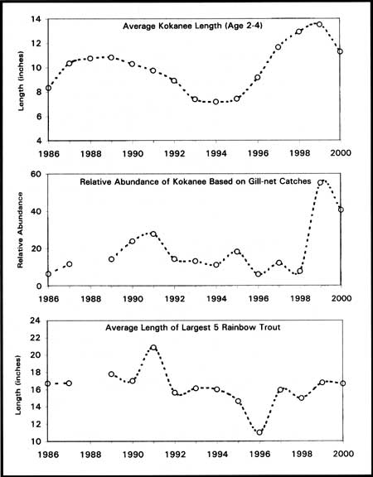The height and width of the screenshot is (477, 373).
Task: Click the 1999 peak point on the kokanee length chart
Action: point(319,24)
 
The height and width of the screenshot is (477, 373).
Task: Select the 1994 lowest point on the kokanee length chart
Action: point(216,102)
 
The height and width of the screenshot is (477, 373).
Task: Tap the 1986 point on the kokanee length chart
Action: point(48,88)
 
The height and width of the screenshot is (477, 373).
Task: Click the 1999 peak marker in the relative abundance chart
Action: point(320,182)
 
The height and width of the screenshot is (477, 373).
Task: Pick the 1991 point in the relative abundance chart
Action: point(153,234)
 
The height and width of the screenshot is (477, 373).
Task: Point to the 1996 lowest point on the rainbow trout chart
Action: point(259,432)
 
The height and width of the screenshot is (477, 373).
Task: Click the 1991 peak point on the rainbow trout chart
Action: point(153,348)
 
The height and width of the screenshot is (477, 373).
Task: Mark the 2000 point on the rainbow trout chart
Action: point(343,383)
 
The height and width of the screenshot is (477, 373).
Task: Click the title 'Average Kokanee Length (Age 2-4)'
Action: point(193,26)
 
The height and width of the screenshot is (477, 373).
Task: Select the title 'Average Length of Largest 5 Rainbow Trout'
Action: point(193,328)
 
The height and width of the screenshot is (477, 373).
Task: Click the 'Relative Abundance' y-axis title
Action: point(20,230)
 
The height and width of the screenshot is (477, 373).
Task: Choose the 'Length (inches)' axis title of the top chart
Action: point(21,81)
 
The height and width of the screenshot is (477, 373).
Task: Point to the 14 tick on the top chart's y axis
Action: point(36,19)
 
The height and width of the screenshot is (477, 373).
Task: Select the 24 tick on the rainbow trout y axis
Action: point(39,320)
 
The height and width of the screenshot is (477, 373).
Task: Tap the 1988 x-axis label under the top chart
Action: point(90,153)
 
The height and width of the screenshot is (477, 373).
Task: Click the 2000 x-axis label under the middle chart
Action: point(341,298)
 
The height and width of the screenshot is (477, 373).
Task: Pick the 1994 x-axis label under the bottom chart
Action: point(217,454)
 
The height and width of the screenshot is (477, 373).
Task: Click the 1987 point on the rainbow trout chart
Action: point(69,383)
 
